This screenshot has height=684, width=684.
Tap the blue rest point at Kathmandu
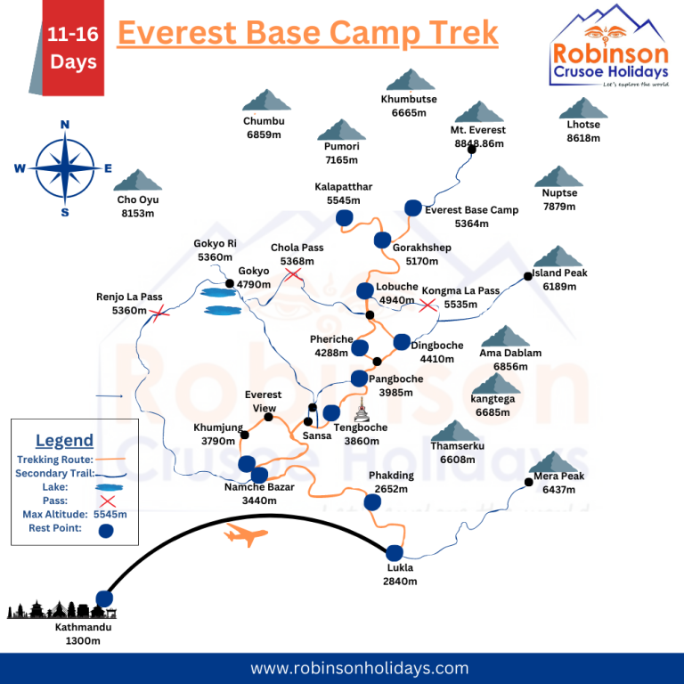(x=105, y=598)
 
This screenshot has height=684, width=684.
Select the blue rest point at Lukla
(x=395, y=552)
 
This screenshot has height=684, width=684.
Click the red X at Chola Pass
(x=293, y=275)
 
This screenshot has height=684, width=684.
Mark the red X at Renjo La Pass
(x=159, y=313)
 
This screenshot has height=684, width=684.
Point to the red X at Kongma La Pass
(x=428, y=305)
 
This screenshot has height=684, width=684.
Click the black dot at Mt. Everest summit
(x=472, y=150)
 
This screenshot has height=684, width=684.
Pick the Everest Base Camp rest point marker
(x=413, y=208)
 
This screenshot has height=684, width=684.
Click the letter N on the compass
(x=64, y=126)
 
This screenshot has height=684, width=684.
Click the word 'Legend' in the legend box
(x=64, y=440)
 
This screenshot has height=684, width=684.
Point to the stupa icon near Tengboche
(x=362, y=412)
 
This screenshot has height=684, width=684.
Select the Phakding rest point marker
(x=372, y=502)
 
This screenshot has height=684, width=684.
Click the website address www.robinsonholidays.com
(x=359, y=668)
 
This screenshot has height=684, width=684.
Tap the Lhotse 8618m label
(x=583, y=132)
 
